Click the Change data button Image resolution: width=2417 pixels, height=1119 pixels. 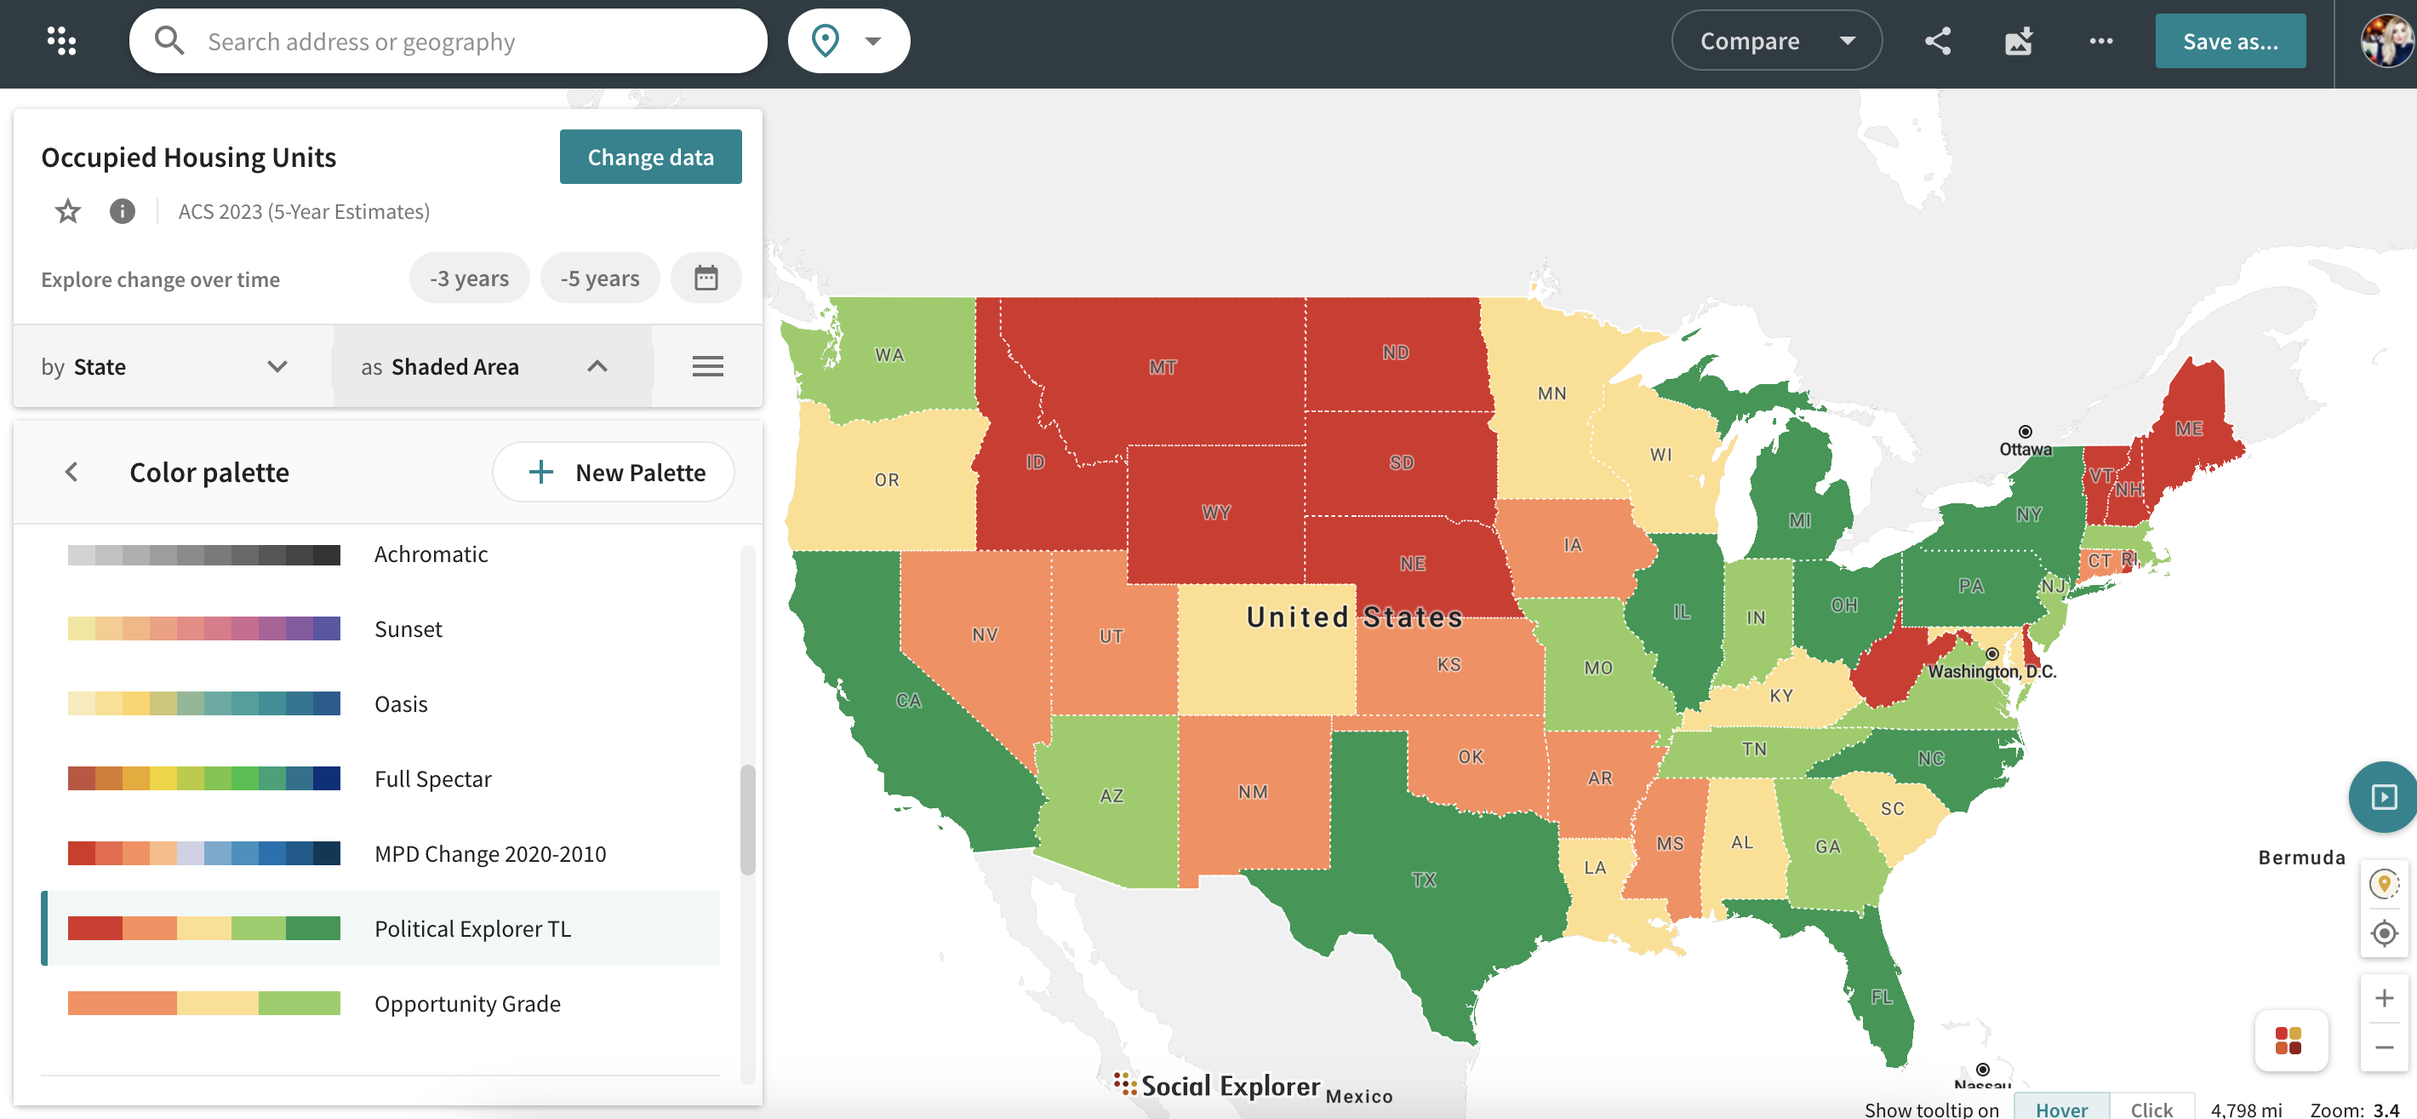[650, 157]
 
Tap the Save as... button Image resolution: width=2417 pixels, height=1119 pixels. [2230, 42]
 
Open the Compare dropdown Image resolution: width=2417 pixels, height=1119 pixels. [1775, 42]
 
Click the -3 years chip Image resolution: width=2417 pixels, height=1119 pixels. [469, 278]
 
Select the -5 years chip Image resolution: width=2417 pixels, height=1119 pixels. [599, 278]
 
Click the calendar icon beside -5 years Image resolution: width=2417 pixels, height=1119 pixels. [706, 278]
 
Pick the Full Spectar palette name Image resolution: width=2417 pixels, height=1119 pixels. [432, 779]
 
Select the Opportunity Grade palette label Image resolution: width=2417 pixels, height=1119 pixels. [467, 1003]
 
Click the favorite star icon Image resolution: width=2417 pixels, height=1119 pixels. [67, 211]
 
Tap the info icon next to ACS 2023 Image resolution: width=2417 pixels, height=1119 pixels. [122, 211]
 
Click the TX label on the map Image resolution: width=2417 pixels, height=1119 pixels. [1423, 880]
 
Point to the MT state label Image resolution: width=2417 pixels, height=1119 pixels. [1163, 367]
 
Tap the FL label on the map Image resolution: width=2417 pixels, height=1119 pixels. [1881, 997]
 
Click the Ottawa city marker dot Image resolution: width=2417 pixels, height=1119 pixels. [2025, 432]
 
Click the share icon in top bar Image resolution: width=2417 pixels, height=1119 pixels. [1938, 42]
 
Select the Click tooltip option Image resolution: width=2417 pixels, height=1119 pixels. [2151, 1109]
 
